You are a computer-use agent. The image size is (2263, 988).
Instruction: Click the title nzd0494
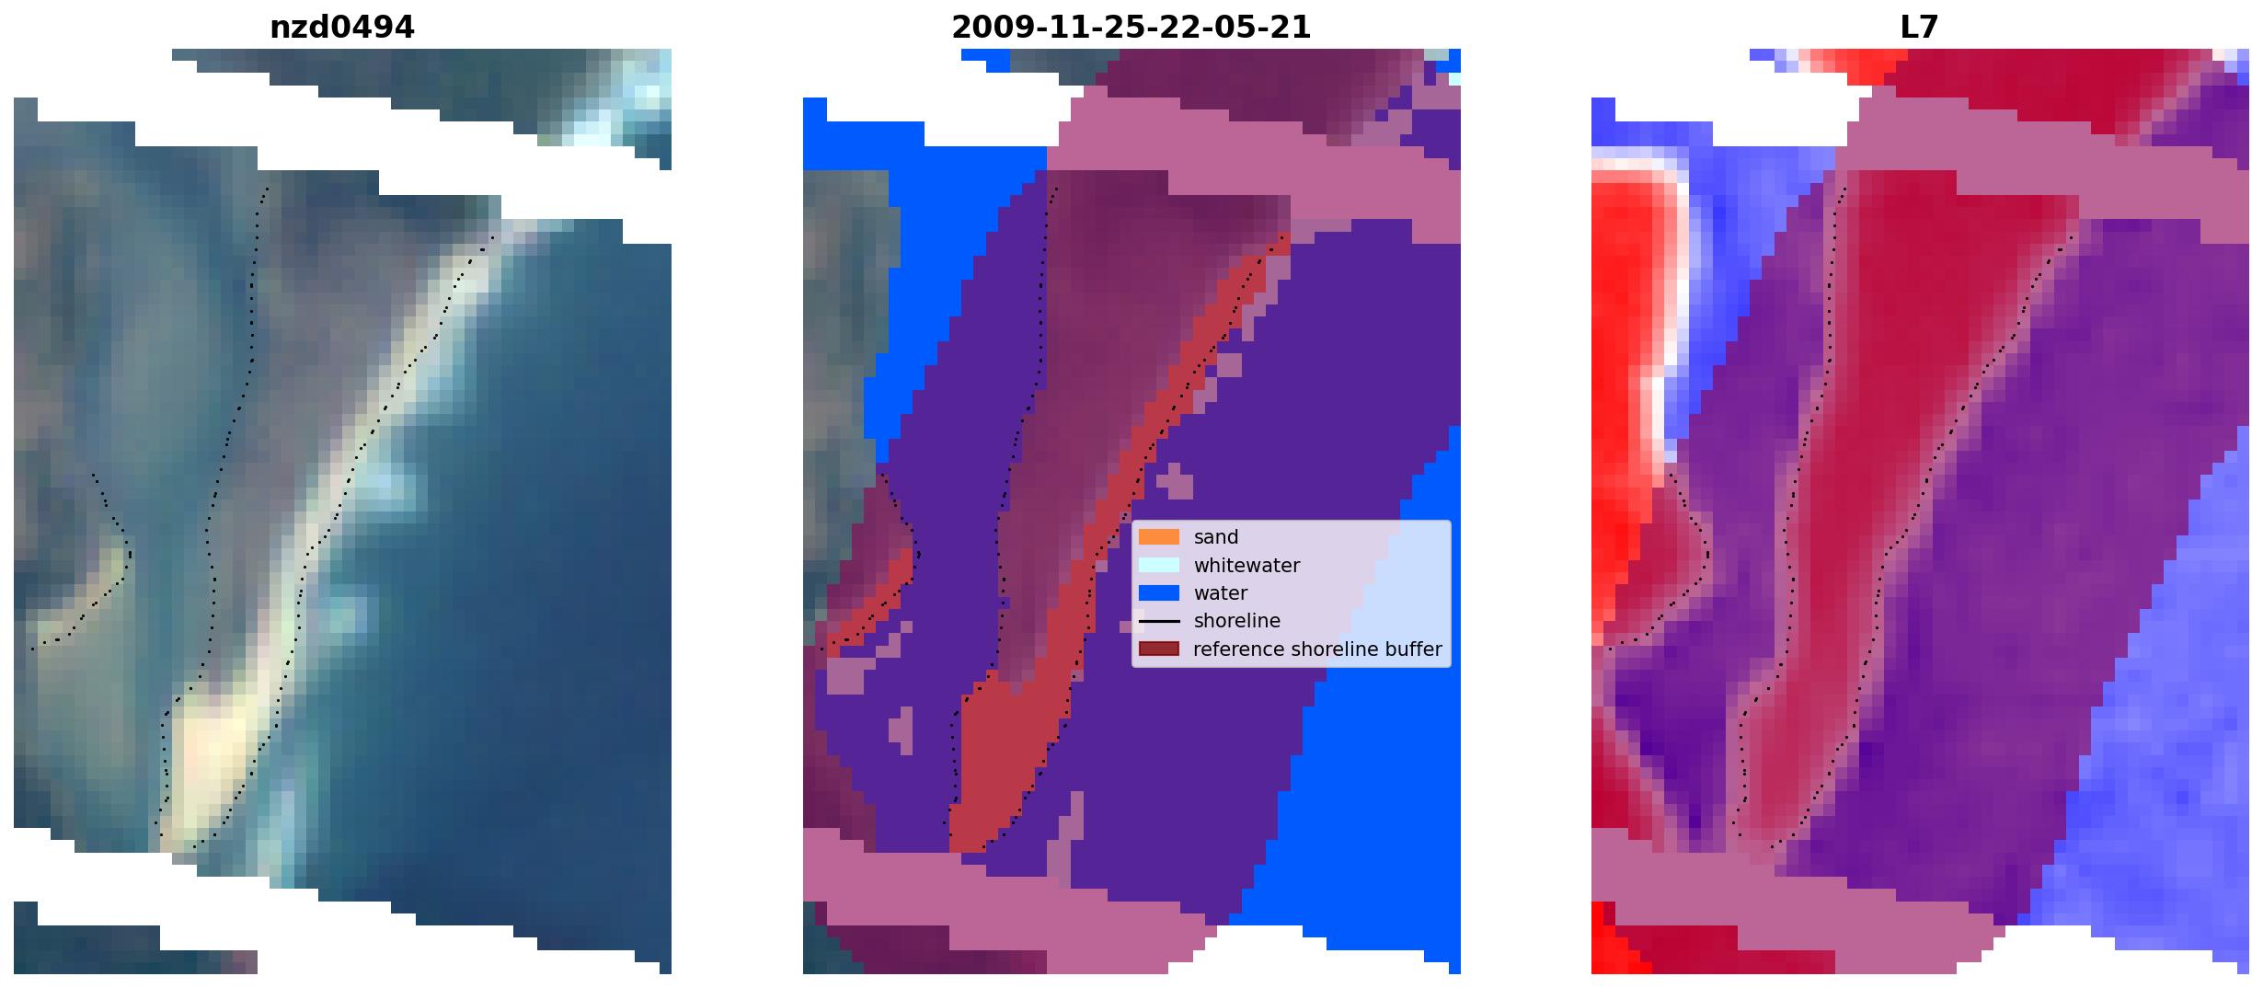coord(341,28)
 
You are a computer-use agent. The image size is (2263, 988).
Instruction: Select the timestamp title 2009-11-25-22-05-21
coord(1131,28)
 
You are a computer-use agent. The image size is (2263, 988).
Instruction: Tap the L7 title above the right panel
coord(1919,28)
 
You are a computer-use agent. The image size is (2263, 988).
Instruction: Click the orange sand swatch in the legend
coord(1158,537)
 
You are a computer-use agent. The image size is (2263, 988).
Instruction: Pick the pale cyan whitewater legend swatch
coord(1158,565)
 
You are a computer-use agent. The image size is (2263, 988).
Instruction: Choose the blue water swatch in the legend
coord(1158,593)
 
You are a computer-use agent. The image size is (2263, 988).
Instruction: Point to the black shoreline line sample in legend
coord(1158,621)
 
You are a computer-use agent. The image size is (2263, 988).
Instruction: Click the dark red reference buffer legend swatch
coord(1158,649)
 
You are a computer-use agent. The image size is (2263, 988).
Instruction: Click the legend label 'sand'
coord(1216,537)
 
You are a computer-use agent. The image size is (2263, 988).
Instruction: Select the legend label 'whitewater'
coord(1246,565)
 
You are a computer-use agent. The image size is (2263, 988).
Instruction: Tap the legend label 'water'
coord(1221,593)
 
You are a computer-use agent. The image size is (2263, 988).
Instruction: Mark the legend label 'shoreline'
coord(1236,621)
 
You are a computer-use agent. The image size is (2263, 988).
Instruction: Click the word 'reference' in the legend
coord(1238,649)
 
